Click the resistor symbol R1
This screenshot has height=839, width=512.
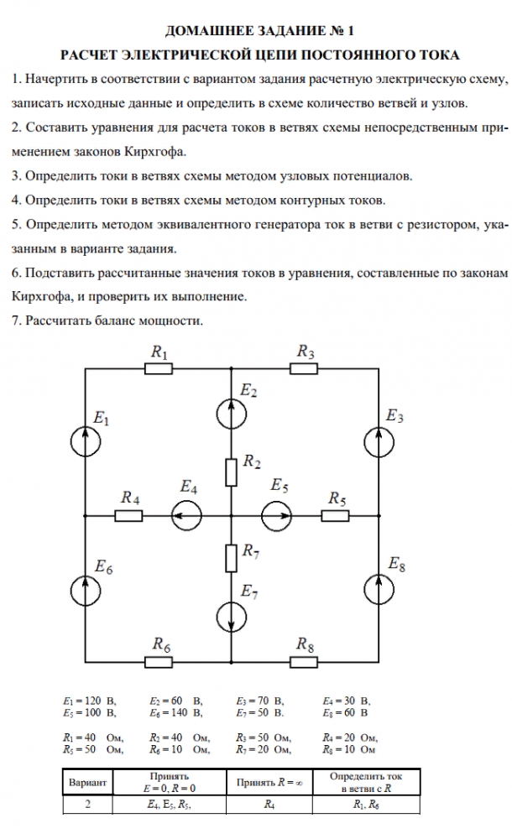click(x=159, y=369)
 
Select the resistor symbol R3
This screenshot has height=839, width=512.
click(x=304, y=369)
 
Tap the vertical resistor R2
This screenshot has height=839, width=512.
click(x=231, y=472)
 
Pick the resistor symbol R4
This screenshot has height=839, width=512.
click(x=128, y=515)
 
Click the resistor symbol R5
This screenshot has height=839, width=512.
click(x=336, y=515)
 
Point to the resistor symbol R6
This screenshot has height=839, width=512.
click(x=159, y=662)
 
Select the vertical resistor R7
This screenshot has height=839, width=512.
click(x=231, y=558)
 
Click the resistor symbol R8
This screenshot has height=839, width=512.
click(x=304, y=662)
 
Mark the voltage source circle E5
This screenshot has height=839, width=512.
click(x=275, y=515)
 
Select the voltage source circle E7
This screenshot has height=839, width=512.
click(x=231, y=617)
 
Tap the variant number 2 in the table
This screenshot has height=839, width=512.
click(x=87, y=804)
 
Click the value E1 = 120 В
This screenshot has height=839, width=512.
click(x=89, y=699)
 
